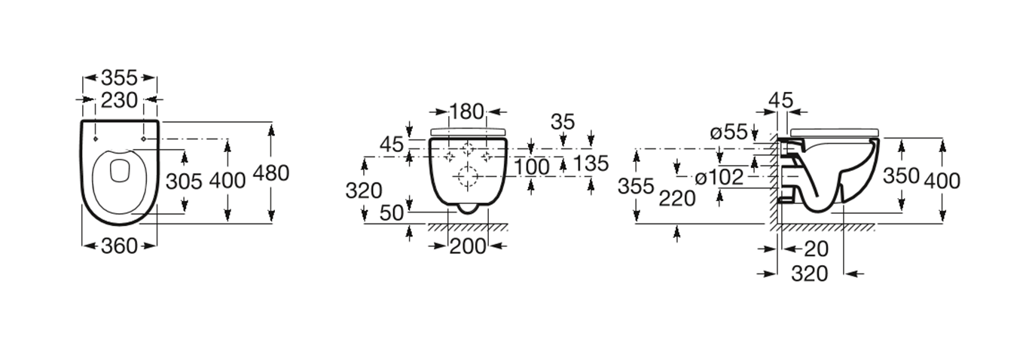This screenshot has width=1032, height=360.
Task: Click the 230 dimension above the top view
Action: [119, 100]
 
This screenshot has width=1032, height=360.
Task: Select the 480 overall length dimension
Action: [271, 173]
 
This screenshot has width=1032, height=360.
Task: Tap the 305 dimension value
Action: [184, 182]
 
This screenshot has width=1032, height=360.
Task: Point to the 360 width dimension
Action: [119, 246]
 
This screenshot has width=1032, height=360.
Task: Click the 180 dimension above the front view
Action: [467, 112]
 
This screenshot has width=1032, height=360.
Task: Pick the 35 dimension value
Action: [563, 122]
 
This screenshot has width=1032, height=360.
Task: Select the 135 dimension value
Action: [591, 163]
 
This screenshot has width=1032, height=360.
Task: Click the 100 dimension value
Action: [532, 166]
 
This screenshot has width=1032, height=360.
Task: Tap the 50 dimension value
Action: [392, 212]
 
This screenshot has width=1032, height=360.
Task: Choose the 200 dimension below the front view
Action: [468, 247]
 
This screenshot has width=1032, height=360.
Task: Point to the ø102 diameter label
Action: [719, 177]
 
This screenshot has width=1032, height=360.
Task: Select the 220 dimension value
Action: [676, 198]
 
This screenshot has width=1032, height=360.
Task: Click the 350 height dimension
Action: [901, 175]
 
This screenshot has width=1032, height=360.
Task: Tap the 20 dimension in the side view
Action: [817, 249]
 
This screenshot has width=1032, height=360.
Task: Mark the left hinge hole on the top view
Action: [95, 139]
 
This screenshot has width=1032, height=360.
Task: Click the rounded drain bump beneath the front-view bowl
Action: [468, 210]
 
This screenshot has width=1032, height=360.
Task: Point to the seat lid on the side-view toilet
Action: [834, 133]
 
